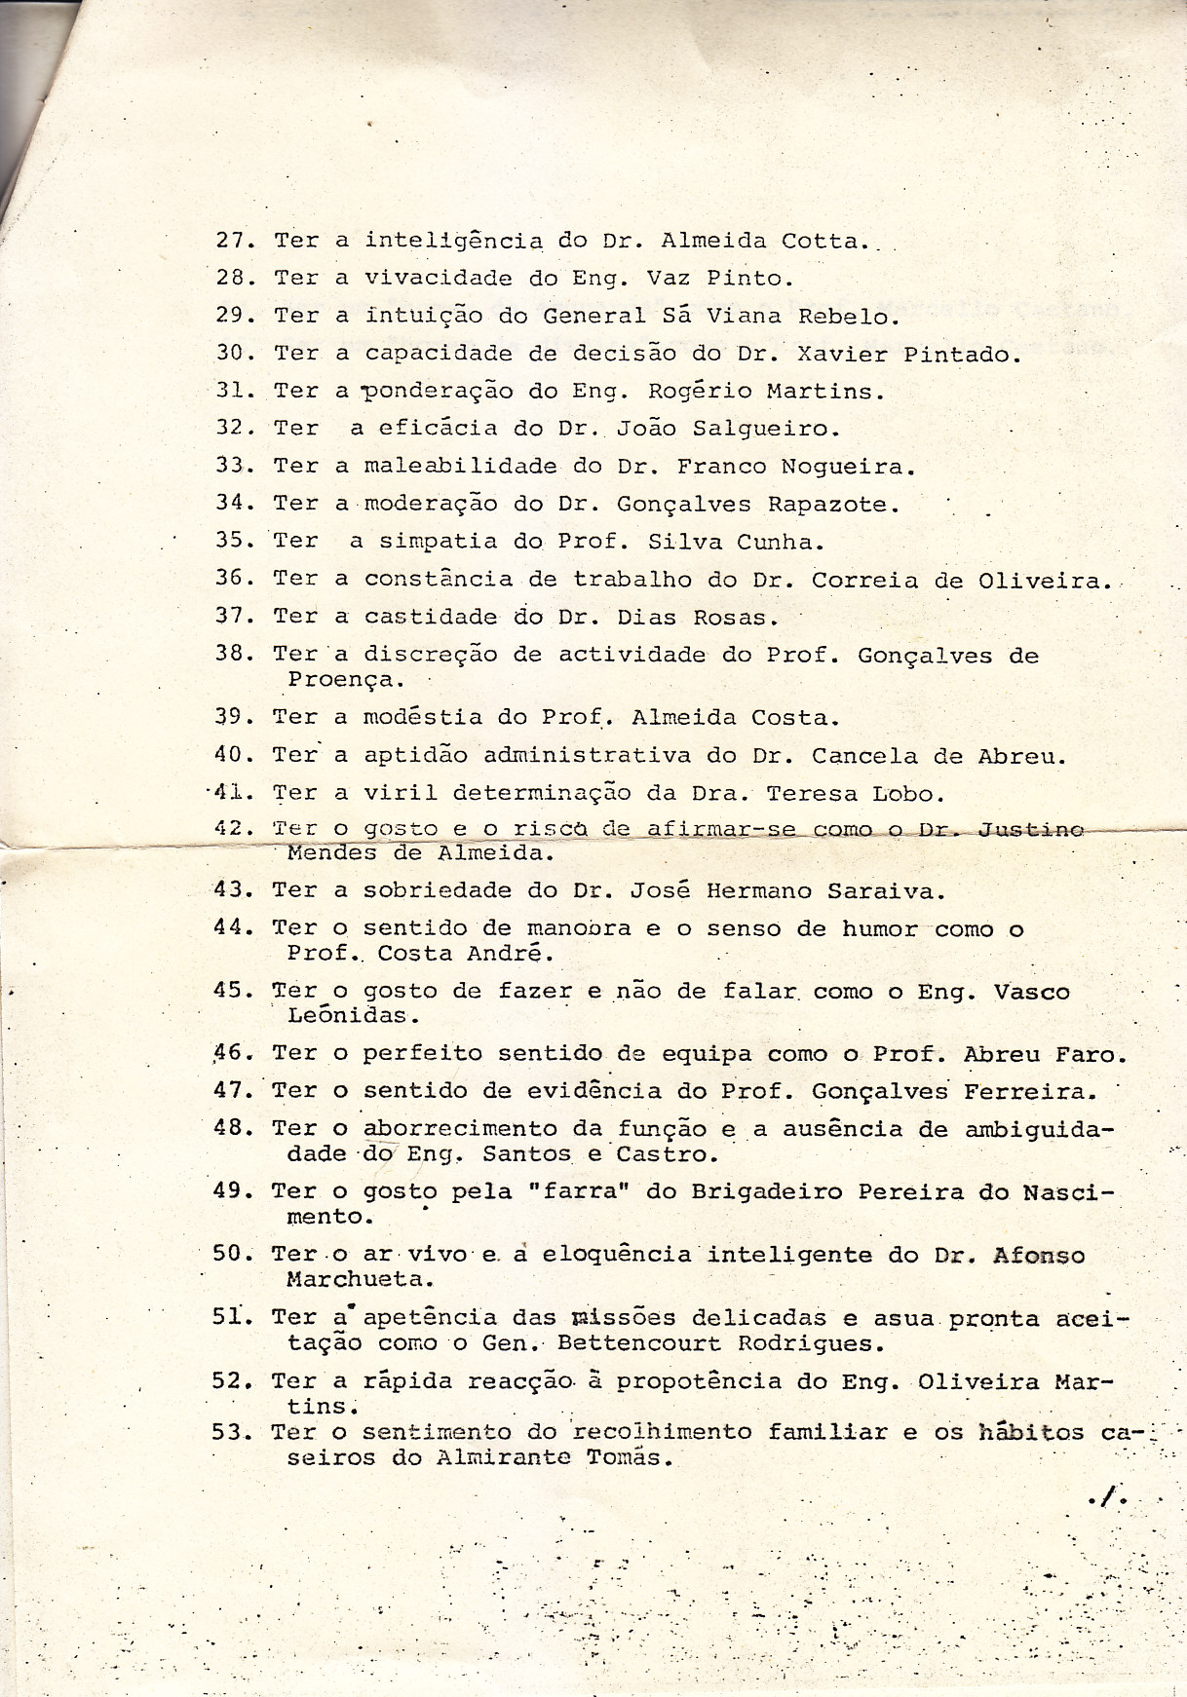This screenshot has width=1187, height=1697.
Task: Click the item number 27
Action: [234, 241]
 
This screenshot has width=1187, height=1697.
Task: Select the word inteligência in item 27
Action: [453, 241]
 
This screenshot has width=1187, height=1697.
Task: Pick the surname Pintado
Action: [960, 355]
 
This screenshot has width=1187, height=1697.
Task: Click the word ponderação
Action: [439, 393]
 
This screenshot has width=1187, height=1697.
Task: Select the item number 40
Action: [232, 755]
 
